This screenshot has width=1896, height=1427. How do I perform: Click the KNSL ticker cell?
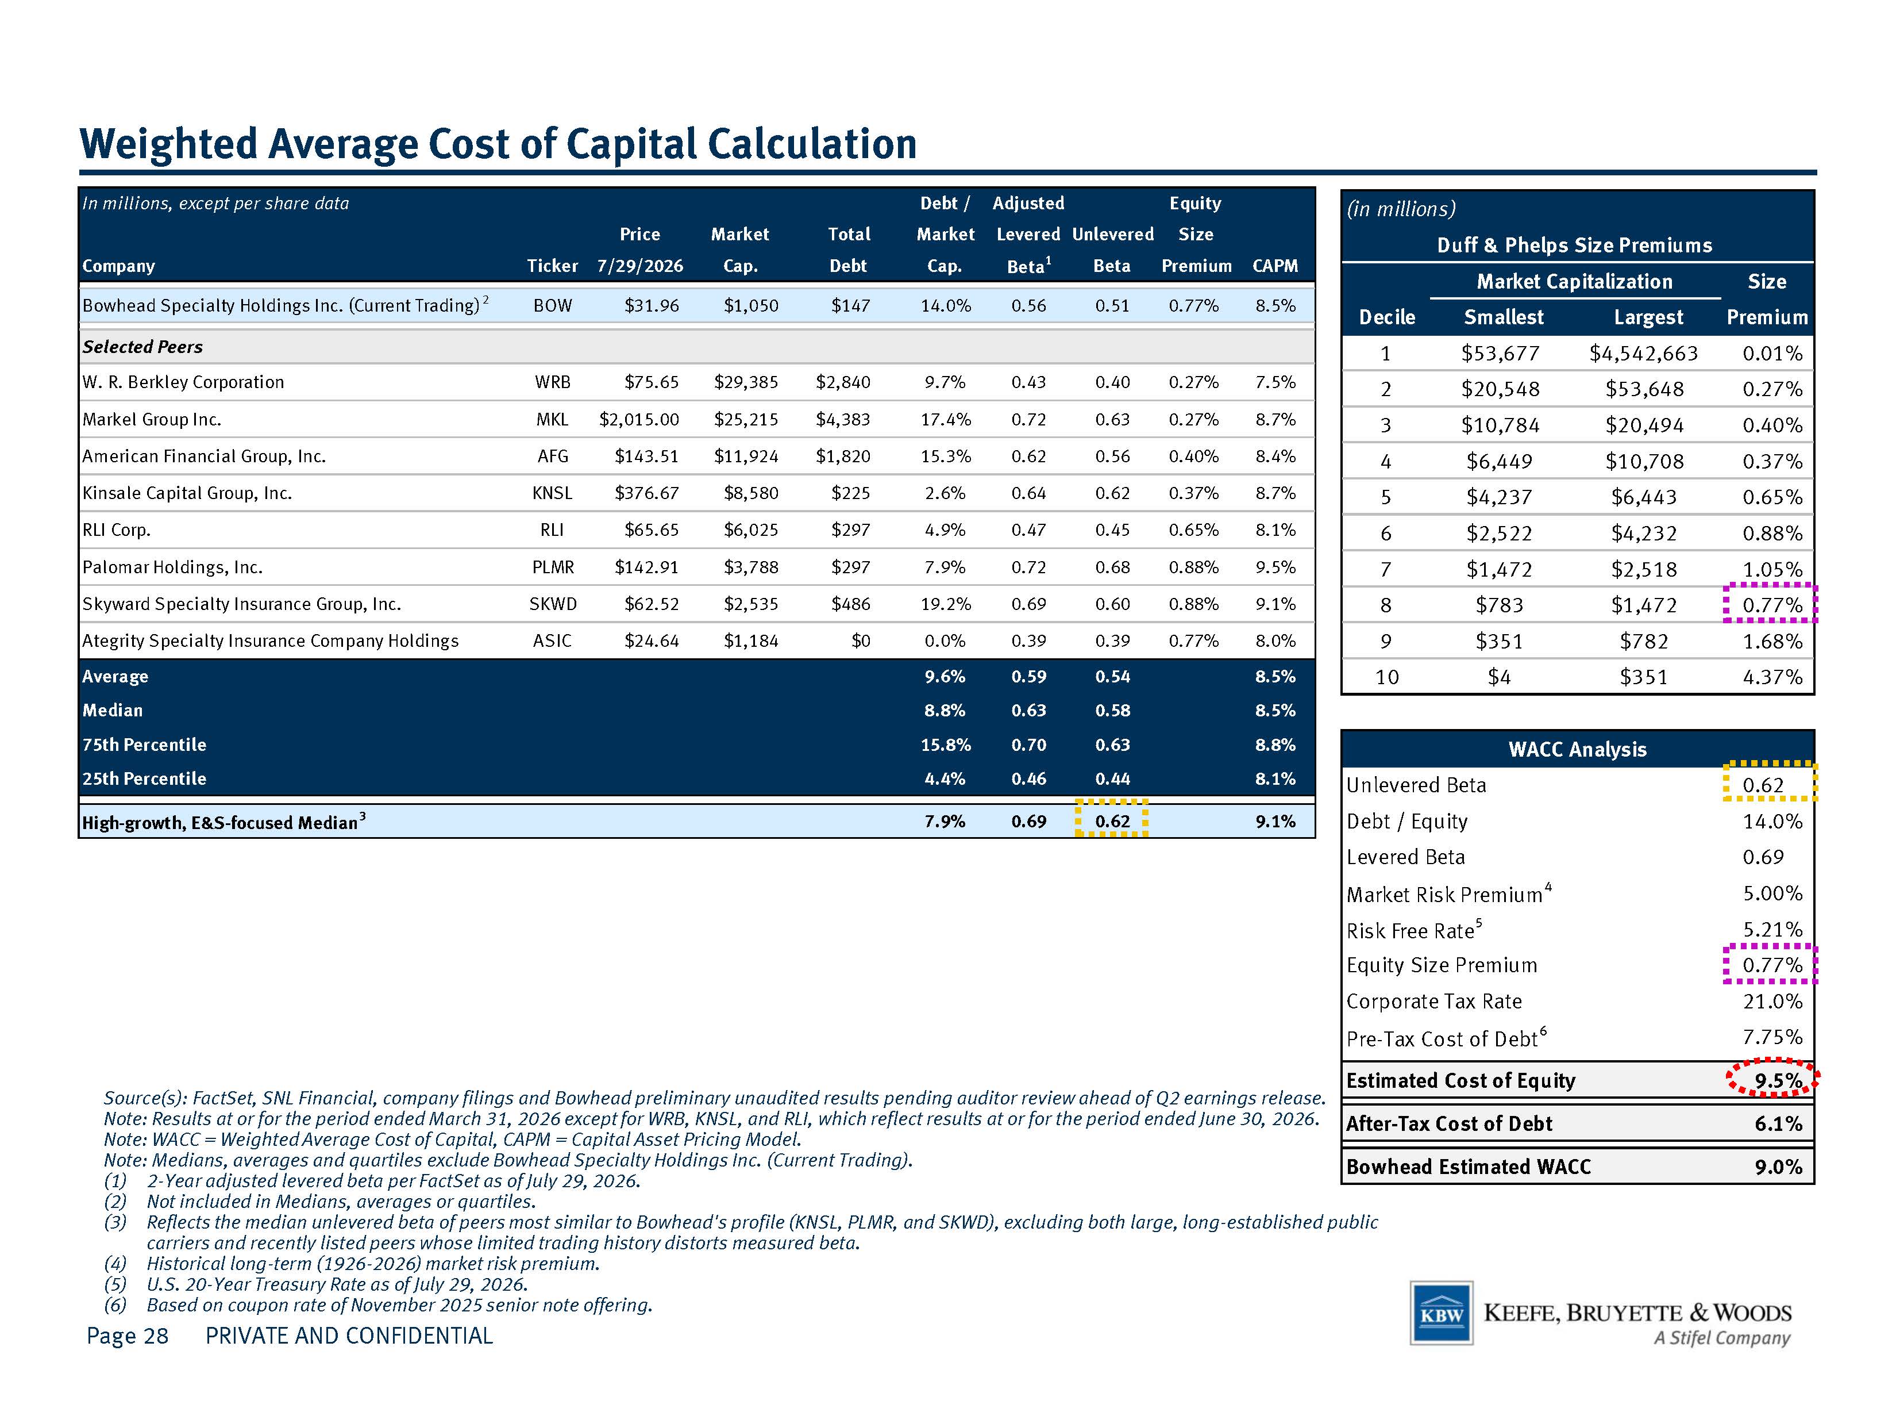552,493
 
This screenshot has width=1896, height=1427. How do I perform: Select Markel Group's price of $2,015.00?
639,419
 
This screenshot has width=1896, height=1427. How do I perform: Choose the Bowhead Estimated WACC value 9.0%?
1779,1167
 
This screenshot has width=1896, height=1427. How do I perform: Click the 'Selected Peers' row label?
142,347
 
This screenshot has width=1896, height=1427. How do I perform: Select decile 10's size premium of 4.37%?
1772,677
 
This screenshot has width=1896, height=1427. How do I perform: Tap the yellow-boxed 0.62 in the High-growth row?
1112,820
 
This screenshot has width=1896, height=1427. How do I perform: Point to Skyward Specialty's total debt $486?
851,604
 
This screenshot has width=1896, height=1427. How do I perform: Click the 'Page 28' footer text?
128,1335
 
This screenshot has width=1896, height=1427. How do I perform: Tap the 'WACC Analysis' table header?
1577,749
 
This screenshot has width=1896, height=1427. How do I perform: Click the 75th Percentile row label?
144,745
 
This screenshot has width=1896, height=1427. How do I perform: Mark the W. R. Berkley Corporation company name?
183,382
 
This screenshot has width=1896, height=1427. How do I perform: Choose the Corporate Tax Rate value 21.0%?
1772,1001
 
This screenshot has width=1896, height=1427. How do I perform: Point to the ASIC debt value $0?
861,640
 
